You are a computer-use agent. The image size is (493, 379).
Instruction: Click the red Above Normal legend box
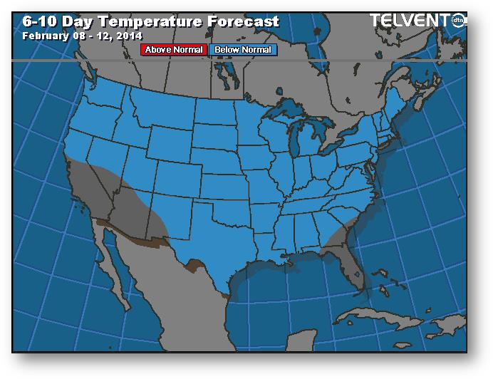pyautogui.click(x=174, y=50)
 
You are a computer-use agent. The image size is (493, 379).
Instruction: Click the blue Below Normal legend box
pyautogui.click(x=242, y=50)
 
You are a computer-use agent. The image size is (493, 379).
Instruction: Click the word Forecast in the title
pyautogui.click(x=242, y=21)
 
